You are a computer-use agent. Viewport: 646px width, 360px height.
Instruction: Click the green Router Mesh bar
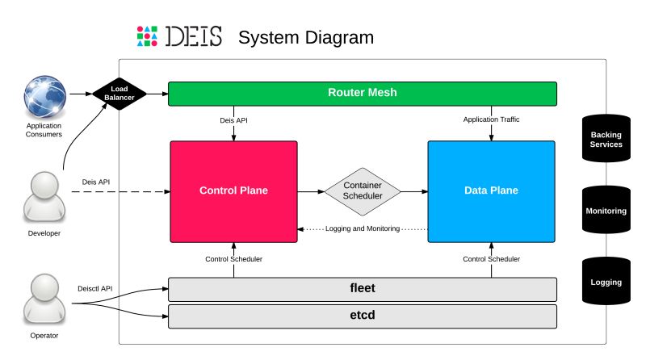pos(362,93)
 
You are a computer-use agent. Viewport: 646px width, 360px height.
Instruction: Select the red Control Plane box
pos(233,191)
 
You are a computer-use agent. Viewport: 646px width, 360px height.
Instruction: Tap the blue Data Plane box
pos(491,191)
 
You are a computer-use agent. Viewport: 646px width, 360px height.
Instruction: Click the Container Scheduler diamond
pos(363,191)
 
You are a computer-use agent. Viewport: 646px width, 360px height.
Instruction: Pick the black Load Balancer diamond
pos(120,94)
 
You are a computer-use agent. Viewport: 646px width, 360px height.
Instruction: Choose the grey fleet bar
pos(362,287)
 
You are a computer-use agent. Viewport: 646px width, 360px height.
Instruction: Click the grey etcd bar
pos(362,314)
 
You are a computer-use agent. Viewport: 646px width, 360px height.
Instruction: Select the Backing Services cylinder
pos(606,139)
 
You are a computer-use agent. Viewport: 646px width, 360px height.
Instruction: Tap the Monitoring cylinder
pos(606,211)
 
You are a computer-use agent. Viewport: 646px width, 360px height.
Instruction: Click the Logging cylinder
pos(606,282)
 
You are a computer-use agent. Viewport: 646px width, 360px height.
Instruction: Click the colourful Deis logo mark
pos(146,36)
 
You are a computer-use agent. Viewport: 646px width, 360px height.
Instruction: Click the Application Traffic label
pos(491,119)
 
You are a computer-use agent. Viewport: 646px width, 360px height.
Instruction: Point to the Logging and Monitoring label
pos(363,229)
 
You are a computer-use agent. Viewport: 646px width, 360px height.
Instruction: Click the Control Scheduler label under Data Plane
pos(491,259)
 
